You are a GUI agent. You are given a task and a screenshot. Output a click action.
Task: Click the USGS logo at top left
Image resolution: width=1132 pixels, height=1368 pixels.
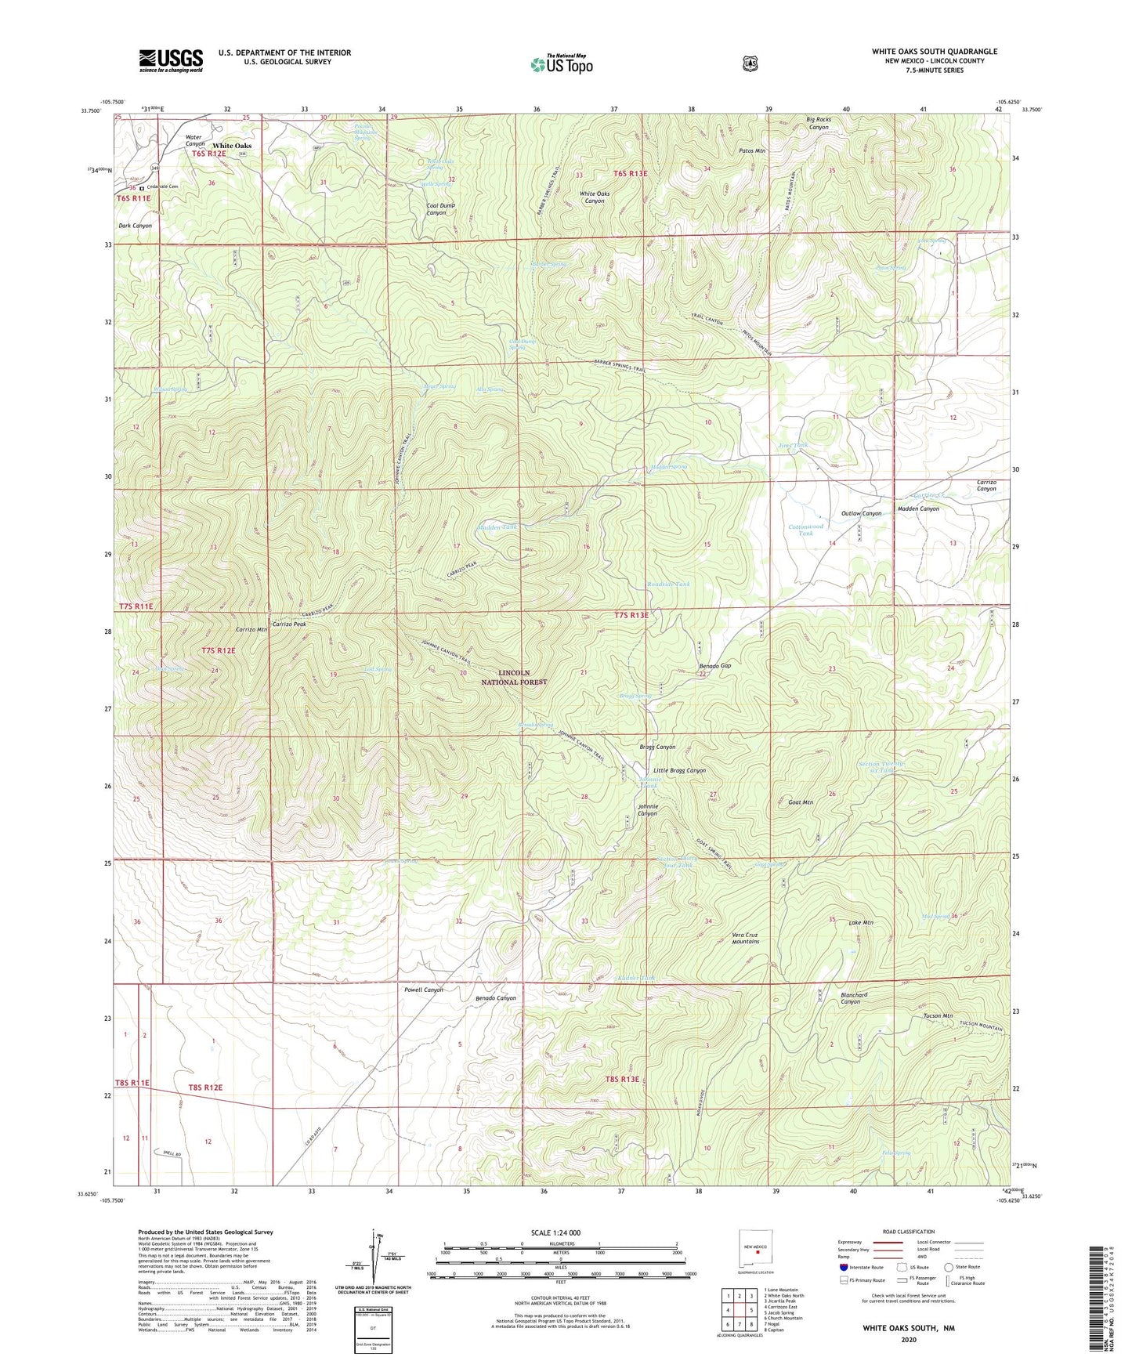coord(171,60)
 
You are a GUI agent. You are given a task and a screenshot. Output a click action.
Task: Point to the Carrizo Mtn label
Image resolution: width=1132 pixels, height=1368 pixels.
coord(251,629)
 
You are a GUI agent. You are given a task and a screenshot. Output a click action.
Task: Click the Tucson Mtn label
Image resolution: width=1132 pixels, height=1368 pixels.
coord(937,1015)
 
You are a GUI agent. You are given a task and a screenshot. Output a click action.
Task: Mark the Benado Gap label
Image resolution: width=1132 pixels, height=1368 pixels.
coord(714,665)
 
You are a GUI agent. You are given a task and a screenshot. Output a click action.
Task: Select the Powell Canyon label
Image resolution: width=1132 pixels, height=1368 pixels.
coord(424,990)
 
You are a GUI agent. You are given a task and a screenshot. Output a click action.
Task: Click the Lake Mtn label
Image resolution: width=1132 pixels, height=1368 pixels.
coord(860,922)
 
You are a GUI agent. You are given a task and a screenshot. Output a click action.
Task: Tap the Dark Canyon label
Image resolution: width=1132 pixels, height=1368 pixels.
coord(135,226)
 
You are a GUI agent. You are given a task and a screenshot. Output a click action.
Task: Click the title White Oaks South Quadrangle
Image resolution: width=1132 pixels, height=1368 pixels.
coord(934,52)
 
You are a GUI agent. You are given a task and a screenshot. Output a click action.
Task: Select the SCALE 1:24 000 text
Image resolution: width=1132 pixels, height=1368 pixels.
coord(555,1232)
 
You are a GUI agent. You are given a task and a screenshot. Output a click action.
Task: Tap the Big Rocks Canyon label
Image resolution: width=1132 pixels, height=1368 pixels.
coord(818,123)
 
